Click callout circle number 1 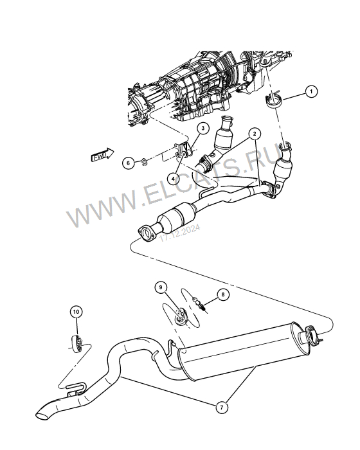[x=311, y=92]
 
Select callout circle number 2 [x=255, y=134]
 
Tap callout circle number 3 [x=203, y=128]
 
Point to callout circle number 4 [x=173, y=179]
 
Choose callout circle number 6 [x=128, y=163]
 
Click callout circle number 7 [x=222, y=407]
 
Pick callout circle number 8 [x=223, y=294]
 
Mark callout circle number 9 [x=161, y=287]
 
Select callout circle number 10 [x=76, y=312]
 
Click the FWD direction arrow [x=102, y=155]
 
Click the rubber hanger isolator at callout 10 [x=77, y=343]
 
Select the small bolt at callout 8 [x=199, y=304]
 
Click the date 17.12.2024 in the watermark [x=180, y=233]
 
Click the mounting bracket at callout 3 [x=184, y=150]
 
